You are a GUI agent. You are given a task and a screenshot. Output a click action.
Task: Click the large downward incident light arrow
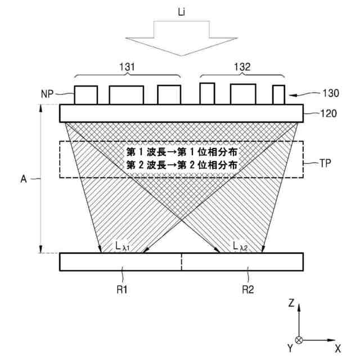181,37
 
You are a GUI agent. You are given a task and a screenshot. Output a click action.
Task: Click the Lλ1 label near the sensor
121,245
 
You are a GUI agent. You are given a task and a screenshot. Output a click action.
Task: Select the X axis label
338,348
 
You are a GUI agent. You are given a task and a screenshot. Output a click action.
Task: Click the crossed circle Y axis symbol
299,340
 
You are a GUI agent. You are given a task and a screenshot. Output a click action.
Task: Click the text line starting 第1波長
181,152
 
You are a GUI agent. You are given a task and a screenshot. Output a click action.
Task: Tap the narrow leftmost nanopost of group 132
207,93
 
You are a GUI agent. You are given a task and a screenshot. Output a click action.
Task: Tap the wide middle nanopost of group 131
126,94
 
